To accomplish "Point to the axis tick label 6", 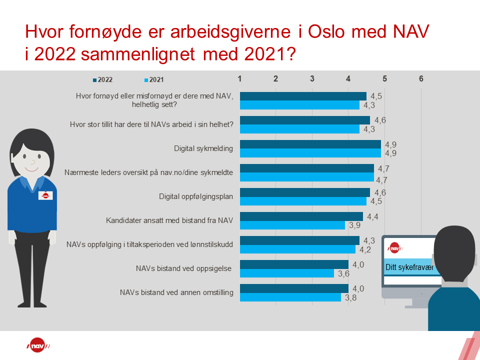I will point(421,78).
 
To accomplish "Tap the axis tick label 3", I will point(312,78).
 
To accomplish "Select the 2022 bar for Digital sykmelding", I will point(310,144).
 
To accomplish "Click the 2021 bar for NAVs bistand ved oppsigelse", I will point(286,273).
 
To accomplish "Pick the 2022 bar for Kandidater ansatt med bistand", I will point(301,216).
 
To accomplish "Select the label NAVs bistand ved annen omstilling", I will point(177,292).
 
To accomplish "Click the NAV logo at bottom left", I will point(38,346).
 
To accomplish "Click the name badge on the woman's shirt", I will point(45,195).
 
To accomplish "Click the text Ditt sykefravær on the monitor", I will point(408,267).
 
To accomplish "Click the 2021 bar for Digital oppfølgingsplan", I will point(303,201).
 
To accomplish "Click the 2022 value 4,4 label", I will point(372,216).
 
